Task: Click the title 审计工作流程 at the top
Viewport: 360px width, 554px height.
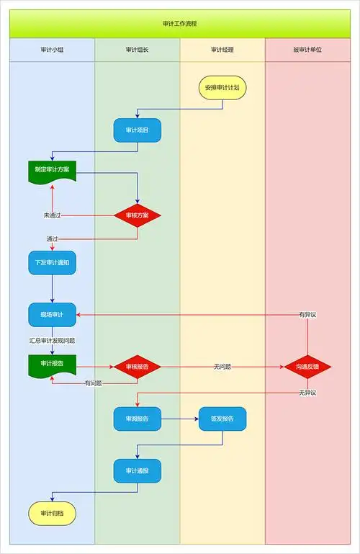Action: click(180, 23)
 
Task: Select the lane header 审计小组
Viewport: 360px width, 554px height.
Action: click(52, 50)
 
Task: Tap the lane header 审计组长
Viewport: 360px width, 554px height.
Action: click(137, 50)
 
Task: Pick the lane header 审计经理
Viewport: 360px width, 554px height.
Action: click(222, 50)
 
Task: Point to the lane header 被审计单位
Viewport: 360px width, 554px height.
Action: click(307, 50)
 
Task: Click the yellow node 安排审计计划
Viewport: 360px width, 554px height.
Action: click(222, 87)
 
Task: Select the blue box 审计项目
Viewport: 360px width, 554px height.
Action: click(137, 130)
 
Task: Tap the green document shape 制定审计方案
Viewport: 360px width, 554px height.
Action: click(52, 170)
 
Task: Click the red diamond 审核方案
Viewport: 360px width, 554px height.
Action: click(137, 215)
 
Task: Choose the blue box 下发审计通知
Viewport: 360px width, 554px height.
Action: click(52, 263)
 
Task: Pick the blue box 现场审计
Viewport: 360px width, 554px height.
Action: click(52, 315)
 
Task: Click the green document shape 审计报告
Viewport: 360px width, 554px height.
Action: click(52, 364)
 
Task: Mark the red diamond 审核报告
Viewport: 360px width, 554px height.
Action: click(137, 367)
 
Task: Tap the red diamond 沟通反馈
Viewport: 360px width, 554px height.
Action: click(307, 367)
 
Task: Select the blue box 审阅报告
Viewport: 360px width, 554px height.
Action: click(137, 419)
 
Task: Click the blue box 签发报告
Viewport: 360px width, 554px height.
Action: click(222, 419)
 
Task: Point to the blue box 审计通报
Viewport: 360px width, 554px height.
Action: click(137, 470)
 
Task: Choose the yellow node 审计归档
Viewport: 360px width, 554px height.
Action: click(52, 513)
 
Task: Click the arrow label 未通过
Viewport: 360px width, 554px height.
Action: click(52, 215)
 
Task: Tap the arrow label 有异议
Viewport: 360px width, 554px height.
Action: click(307, 315)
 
